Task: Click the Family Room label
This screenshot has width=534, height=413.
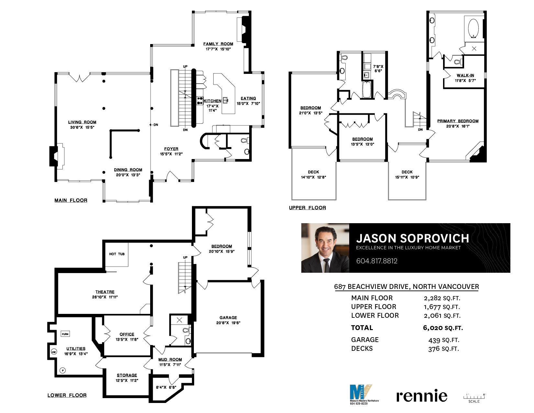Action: tap(218, 44)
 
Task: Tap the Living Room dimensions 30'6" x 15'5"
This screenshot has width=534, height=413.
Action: tap(82, 127)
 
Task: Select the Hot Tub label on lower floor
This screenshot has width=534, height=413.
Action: tap(117, 254)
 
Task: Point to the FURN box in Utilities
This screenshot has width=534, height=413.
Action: tap(65, 334)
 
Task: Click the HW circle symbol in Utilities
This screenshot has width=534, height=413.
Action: tap(54, 352)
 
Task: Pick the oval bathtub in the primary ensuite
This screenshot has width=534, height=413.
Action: tap(473, 29)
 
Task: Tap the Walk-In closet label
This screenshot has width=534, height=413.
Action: tap(465, 75)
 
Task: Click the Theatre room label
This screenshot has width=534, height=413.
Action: tap(105, 292)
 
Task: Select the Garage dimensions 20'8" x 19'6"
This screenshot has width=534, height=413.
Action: tap(228, 323)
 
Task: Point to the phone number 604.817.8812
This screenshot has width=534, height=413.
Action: tap(377, 261)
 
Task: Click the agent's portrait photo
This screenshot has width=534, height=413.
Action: tap(325, 248)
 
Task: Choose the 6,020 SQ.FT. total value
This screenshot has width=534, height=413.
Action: tap(443, 328)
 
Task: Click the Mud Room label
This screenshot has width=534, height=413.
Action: tap(170, 359)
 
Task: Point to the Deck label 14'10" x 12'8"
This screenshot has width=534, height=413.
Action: tap(314, 175)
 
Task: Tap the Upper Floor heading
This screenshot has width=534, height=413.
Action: tap(307, 208)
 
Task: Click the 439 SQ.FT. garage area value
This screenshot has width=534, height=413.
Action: tap(444, 340)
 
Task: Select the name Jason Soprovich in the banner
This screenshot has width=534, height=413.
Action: tap(413, 238)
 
